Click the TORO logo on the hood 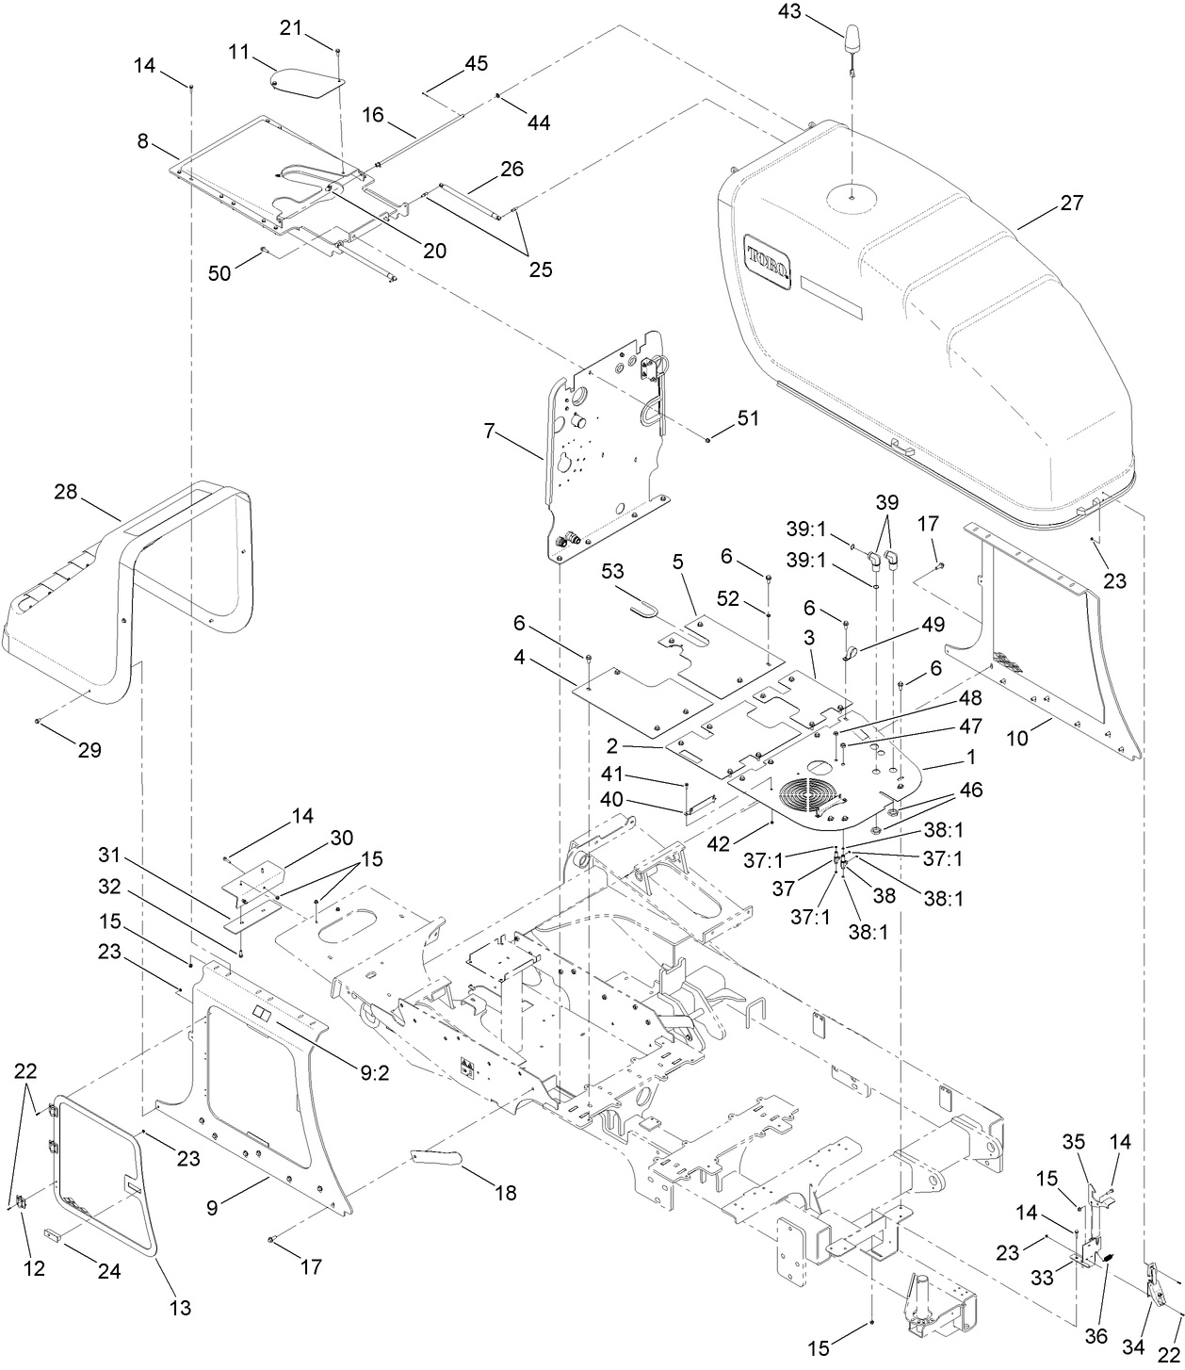pos(766,255)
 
